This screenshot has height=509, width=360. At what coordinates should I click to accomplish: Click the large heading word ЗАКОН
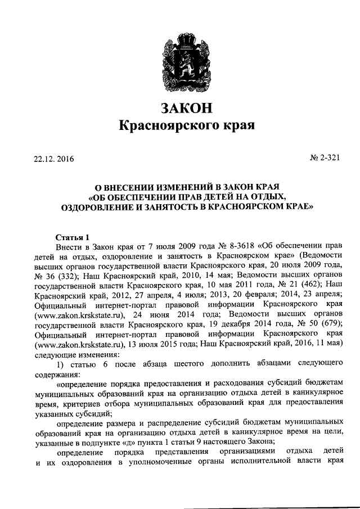pos(180,107)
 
